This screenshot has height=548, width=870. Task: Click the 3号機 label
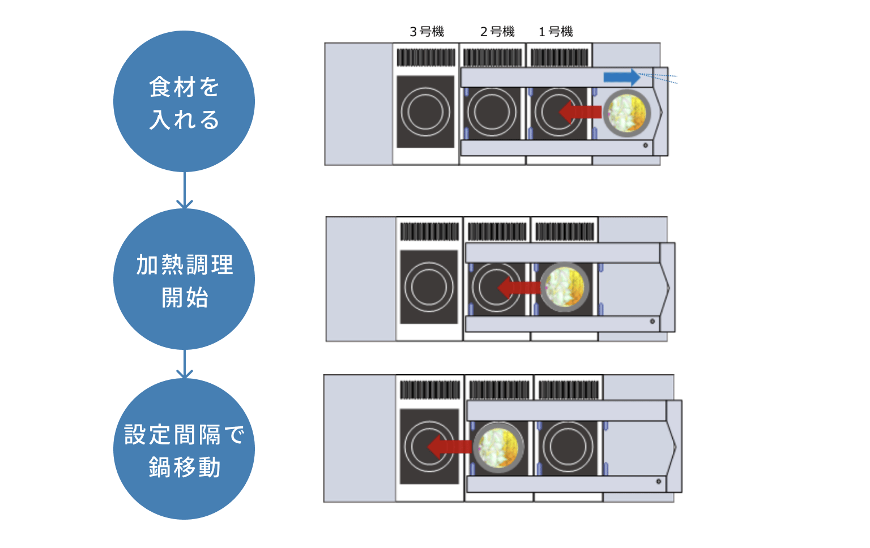(x=427, y=32)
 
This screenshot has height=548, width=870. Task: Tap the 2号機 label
(x=497, y=32)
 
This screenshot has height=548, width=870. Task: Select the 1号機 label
(x=556, y=32)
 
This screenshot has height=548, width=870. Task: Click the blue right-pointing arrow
(x=622, y=77)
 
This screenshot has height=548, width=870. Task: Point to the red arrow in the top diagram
(x=580, y=112)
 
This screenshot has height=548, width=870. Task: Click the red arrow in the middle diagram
(x=519, y=288)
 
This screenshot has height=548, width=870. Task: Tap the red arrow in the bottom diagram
(x=449, y=447)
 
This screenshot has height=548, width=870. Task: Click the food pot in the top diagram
(x=626, y=113)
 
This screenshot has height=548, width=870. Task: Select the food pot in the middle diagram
(x=565, y=288)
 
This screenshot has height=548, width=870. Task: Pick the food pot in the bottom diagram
(x=498, y=447)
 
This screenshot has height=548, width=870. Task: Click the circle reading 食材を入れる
(x=184, y=101)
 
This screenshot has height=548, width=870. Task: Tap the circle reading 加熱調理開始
(x=184, y=279)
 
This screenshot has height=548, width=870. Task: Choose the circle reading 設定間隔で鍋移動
(x=184, y=449)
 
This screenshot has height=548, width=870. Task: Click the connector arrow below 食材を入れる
(x=185, y=190)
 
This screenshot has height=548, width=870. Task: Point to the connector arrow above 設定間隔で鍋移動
(x=185, y=364)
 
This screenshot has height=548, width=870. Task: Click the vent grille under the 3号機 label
(x=426, y=57)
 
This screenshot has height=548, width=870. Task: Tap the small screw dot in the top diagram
(x=646, y=145)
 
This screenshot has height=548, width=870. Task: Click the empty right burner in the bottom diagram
(x=568, y=447)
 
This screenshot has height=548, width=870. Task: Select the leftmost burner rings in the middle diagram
(x=429, y=287)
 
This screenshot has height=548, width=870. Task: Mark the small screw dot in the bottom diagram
(x=659, y=482)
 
